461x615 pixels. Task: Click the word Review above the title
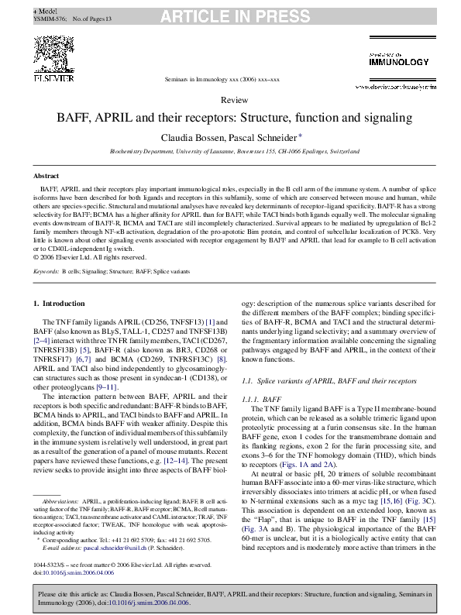(x=234, y=101)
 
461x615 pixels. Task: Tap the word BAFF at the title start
(x=70, y=119)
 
